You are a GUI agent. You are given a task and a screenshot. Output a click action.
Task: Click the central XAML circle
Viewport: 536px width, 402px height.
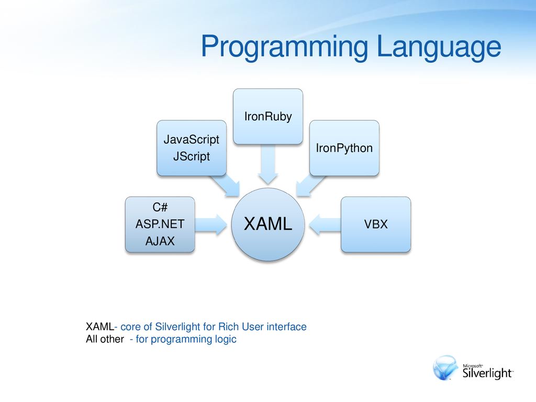[268, 224]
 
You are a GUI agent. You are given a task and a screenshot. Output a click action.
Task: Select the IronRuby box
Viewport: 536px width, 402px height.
[268, 116]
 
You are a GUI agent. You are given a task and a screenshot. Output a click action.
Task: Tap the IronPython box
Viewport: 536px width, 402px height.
[344, 148]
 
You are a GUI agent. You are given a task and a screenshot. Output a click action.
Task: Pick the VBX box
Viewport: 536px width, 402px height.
[376, 224]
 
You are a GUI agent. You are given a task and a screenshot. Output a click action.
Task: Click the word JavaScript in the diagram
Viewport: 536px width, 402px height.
[192, 139]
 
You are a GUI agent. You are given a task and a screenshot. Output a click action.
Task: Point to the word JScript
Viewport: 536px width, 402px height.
[192, 156]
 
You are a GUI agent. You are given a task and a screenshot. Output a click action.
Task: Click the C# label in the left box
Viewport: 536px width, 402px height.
[160, 207]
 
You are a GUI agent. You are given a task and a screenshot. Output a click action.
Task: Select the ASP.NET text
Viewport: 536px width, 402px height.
[160, 224]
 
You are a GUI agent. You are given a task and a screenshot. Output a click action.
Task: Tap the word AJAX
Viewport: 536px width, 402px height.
[160, 241]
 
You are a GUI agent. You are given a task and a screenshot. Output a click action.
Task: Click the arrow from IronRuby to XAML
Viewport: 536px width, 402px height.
[268, 164]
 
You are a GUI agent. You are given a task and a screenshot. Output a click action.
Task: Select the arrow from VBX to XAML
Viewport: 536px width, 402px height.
[325, 225]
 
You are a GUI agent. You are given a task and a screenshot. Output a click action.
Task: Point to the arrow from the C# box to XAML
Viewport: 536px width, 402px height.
[211, 225]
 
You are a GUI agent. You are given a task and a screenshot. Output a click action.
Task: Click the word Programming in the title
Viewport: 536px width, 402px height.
[284, 47]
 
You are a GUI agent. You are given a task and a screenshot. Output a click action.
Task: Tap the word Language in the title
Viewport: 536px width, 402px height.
[439, 47]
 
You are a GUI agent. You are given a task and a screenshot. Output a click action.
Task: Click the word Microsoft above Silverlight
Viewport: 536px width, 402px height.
[473, 366]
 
